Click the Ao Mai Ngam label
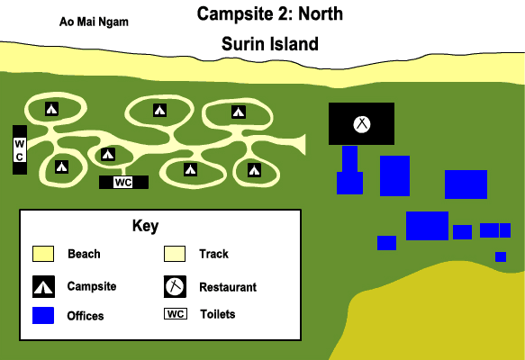[x=94, y=22]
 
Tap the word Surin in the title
[x=243, y=44]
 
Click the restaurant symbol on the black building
[x=362, y=124]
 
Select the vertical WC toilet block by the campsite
[x=20, y=150]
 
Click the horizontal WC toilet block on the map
[x=123, y=183]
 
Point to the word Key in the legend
[x=145, y=226]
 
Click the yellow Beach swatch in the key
[x=43, y=254]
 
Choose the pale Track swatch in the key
[x=175, y=254]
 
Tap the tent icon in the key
[x=43, y=287]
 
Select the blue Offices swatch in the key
[x=43, y=316]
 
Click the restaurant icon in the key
[x=175, y=287]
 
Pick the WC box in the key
[x=176, y=314]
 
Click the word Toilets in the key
[x=218, y=314]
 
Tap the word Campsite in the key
[x=92, y=286]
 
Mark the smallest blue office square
[x=501, y=257]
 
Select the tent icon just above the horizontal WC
[x=108, y=154]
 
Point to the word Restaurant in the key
[x=228, y=287]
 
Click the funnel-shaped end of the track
[x=300, y=145]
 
